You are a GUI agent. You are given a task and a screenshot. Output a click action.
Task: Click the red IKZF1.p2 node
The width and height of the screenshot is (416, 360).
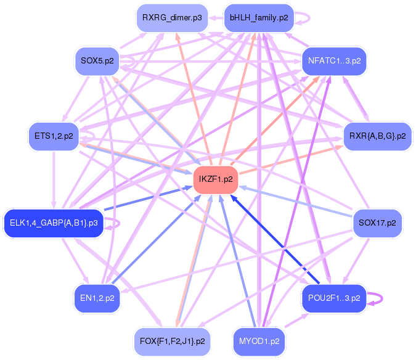click(216, 179)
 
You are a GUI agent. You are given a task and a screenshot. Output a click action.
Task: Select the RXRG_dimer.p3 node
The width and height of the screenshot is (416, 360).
click(172, 18)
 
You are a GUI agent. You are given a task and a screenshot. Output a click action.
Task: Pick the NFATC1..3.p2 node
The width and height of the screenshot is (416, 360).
click(334, 60)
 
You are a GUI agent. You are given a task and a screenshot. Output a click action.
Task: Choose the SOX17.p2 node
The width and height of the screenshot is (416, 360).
click(377, 222)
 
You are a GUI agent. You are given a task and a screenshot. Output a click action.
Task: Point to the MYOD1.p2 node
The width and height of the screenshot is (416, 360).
click(258, 340)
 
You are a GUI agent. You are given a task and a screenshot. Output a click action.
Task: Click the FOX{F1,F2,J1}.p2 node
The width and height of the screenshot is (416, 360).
click(172, 340)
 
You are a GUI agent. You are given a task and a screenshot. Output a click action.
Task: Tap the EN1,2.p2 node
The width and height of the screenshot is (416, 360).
click(97, 298)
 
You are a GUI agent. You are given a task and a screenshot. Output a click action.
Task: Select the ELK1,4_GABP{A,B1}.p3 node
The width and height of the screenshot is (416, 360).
click(54, 222)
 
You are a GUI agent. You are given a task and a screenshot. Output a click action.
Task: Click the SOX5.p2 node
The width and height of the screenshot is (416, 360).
click(97, 60)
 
